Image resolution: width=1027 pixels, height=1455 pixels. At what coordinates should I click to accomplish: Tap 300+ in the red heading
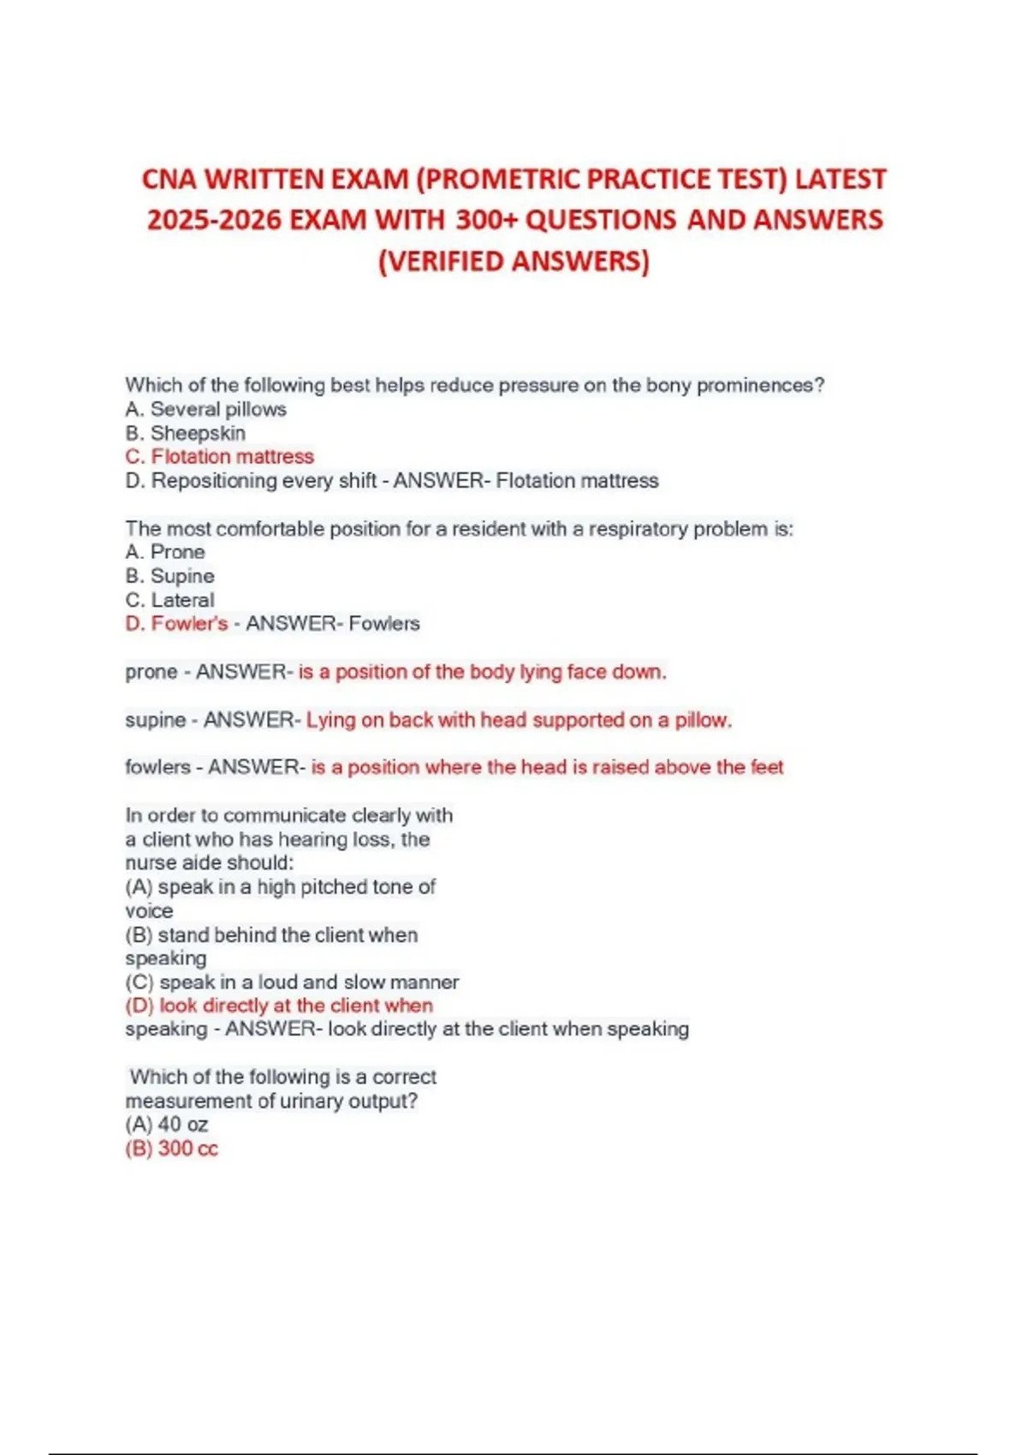point(486,220)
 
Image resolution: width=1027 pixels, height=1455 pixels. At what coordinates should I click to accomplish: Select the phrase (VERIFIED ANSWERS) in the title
point(513,260)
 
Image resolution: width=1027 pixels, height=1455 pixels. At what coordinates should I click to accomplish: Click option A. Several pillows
point(205,409)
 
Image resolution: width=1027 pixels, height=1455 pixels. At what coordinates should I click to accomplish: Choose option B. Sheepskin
point(185,433)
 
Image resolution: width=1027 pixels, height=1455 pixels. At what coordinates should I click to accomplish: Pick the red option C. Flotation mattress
point(219,456)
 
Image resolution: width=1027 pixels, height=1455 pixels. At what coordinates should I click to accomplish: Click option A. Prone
point(165,552)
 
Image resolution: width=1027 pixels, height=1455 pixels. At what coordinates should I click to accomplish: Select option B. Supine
point(169,576)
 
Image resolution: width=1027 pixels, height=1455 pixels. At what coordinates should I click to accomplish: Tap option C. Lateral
point(169,600)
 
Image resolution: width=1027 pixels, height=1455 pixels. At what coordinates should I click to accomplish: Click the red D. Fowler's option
point(176,623)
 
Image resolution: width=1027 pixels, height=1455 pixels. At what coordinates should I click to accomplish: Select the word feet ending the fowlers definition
point(767,767)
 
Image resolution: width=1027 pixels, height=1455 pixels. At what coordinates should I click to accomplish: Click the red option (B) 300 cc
point(171,1149)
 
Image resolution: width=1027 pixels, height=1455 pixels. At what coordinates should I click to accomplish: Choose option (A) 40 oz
point(167,1125)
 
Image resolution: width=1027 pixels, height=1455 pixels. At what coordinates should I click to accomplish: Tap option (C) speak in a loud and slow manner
point(292,982)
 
